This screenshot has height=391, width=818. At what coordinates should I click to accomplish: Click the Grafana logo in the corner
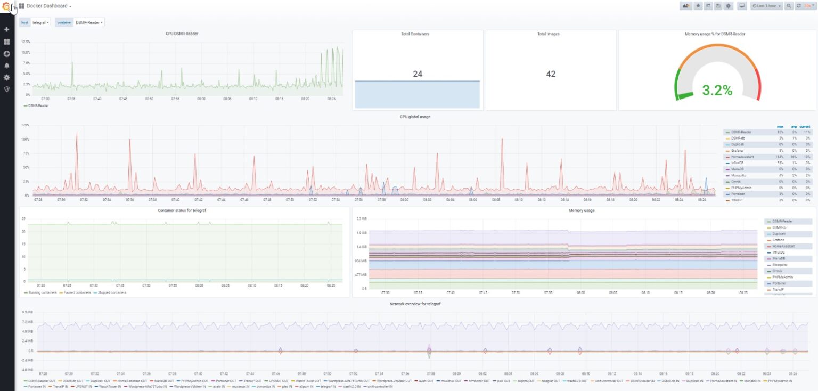(x=6, y=6)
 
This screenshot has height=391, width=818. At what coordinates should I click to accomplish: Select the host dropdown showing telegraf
(x=40, y=22)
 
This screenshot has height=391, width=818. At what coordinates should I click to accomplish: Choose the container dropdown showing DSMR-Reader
(x=89, y=22)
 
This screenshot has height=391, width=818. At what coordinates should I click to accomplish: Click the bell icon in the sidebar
(x=7, y=66)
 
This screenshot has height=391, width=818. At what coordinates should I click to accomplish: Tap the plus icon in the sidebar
(x=7, y=29)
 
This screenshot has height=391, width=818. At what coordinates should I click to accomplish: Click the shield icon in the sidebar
(x=7, y=89)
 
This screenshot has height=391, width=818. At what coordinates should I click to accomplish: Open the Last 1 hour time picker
(x=766, y=6)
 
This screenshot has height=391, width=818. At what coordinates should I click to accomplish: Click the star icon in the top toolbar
(x=698, y=6)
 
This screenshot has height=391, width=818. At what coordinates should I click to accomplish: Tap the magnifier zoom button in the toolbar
(x=789, y=6)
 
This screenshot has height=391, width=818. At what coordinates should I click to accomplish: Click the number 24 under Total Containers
(x=418, y=74)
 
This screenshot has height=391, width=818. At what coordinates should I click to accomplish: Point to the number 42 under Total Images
(x=551, y=74)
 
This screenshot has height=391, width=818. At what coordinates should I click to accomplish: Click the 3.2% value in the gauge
(x=717, y=90)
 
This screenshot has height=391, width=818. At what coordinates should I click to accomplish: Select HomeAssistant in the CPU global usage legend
(x=742, y=157)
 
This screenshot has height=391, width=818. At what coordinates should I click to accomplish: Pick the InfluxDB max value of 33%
(x=780, y=163)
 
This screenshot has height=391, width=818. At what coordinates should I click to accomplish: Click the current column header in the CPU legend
(x=805, y=126)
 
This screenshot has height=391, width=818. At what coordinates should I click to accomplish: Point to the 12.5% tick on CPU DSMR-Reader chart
(x=26, y=41)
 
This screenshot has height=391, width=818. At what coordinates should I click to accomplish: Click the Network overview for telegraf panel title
(x=418, y=303)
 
